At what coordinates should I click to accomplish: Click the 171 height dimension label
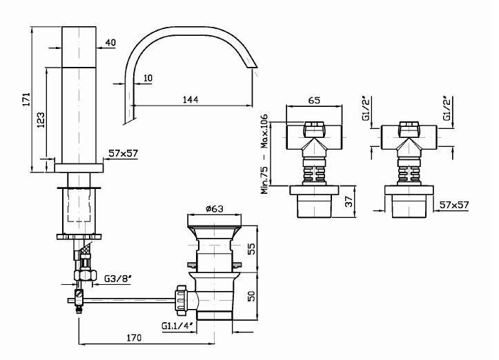pyautogui.click(x=27, y=99)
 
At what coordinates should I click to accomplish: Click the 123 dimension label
pyautogui.click(x=41, y=120)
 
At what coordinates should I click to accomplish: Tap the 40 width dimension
pyautogui.click(x=110, y=42)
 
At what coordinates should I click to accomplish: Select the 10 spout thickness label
pyautogui.click(x=147, y=78)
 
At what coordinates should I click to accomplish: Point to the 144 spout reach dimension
pyautogui.click(x=190, y=99)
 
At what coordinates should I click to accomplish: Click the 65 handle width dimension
pyautogui.click(x=314, y=100)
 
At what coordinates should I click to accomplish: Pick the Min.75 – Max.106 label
pyautogui.click(x=264, y=154)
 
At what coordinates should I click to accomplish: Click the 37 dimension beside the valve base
pyautogui.click(x=349, y=201)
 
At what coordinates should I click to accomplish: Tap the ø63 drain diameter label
pyautogui.click(x=215, y=209)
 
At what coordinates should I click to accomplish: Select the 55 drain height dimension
pyautogui.click(x=251, y=249)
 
